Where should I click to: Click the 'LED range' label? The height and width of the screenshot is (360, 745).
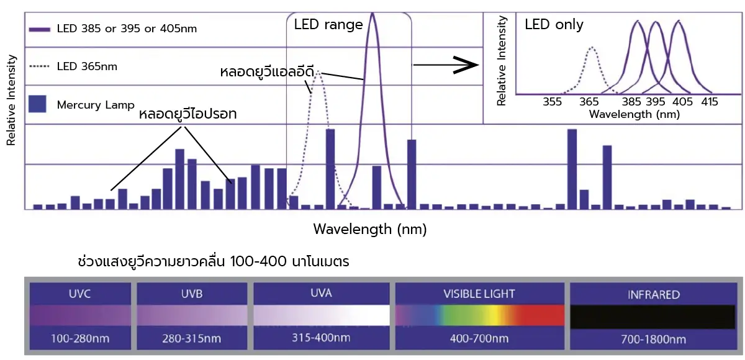pos(328,25)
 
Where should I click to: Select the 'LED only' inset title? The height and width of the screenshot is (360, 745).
pos(554,25)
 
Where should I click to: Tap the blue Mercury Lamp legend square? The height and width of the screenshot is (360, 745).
pos(38,104)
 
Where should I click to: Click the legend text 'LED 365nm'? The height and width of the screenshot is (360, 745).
pos(87,66)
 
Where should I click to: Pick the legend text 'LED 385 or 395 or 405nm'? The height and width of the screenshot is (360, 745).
pos(127,29)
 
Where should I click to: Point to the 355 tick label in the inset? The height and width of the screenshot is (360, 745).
pos(552,102)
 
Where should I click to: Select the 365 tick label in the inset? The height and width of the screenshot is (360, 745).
pos(589,102)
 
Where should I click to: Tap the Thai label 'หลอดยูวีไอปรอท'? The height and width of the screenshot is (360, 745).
pos(188,115)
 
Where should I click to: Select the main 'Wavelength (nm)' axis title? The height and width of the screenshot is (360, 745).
pos(370,229)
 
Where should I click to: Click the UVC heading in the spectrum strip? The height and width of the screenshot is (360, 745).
pos(80,294)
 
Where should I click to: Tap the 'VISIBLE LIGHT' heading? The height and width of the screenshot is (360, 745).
pos(479,294)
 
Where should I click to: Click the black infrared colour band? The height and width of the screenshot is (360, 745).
pos(653,316)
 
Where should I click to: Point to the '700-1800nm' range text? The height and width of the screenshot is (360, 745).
pos(653,339)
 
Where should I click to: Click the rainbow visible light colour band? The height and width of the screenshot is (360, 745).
pos(479,316)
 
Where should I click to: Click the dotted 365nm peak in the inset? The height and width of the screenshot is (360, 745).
pos(592,48)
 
